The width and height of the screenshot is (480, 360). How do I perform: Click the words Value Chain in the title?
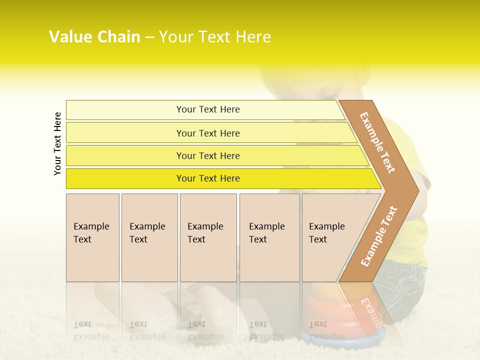(x=94, y=37)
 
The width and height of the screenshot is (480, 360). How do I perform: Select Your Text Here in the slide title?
(x=215, y=37)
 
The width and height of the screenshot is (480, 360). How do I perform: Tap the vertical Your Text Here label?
(x=57, y=143)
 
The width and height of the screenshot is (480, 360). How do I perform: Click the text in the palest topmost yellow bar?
(x=208, y=109)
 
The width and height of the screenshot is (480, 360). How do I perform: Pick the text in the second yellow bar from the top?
(x=208, y=133)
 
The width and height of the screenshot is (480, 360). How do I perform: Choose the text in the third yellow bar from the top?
(x=208, y=156)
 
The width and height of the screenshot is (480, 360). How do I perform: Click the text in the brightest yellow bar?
(x=208, y=178)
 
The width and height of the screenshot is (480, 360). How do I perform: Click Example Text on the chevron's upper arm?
(x=377, y=142)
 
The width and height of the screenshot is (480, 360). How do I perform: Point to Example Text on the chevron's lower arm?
(x=379, y=236)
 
